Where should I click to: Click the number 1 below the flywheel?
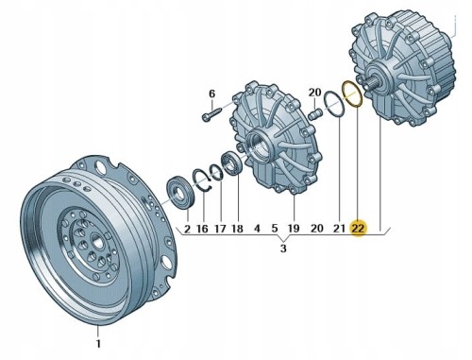pyautogui.click(x=98, y=343)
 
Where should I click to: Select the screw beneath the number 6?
pyautogui.click(x=211, y=113)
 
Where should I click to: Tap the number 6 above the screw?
pyautogui.click(x=211, y=94)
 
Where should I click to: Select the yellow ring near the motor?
pyautogui.click(x=352, y=94)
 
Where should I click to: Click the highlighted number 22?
pyautogui.click(x=358, y=228)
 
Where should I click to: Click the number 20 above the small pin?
pyautogui.click(x=314, y=93)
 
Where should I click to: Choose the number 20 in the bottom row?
pyautogui.click(x=317, y=228)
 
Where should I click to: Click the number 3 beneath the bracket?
pyautogui.click(x=283, y=249)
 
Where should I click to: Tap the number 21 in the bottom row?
pyautogui.click(x=339, y=228)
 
